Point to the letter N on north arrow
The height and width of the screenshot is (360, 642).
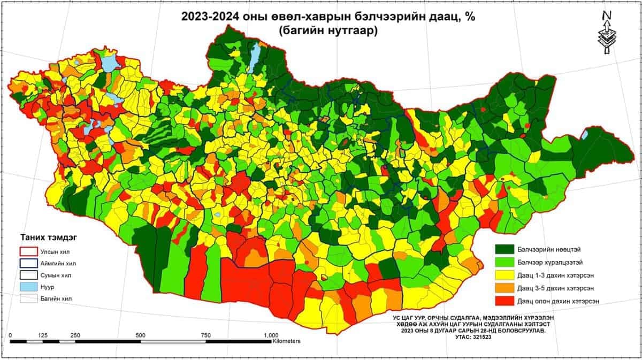click(607, 16)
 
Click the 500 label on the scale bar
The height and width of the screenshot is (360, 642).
click(141, 335)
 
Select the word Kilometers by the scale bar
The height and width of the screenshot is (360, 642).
click(286, 341)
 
